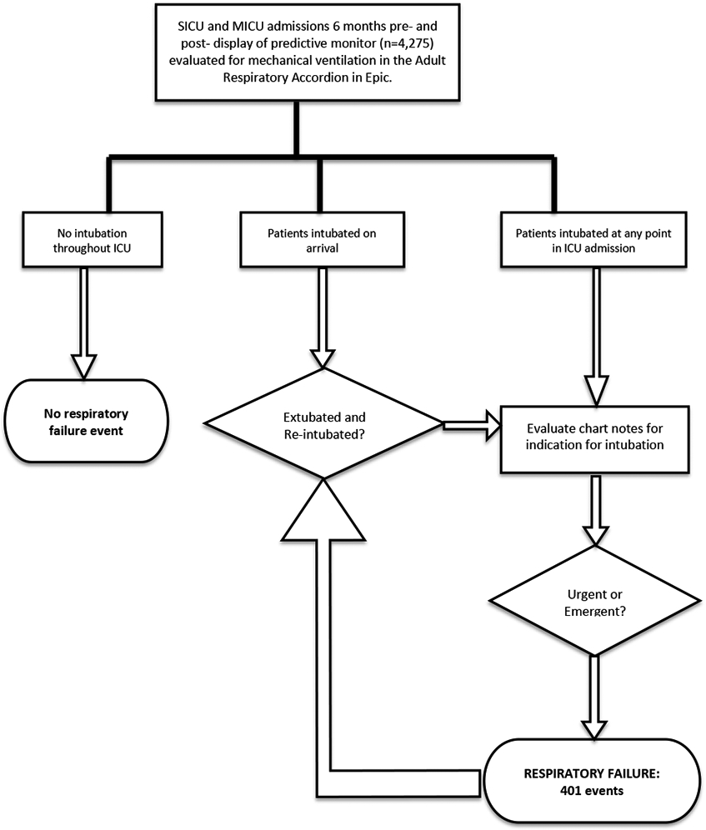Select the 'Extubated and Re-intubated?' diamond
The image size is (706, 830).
(324, 425)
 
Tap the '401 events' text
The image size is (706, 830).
(593, 788)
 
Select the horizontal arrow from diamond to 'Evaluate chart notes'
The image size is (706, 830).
(472, 425)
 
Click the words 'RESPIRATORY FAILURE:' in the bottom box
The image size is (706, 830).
(593, 771)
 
